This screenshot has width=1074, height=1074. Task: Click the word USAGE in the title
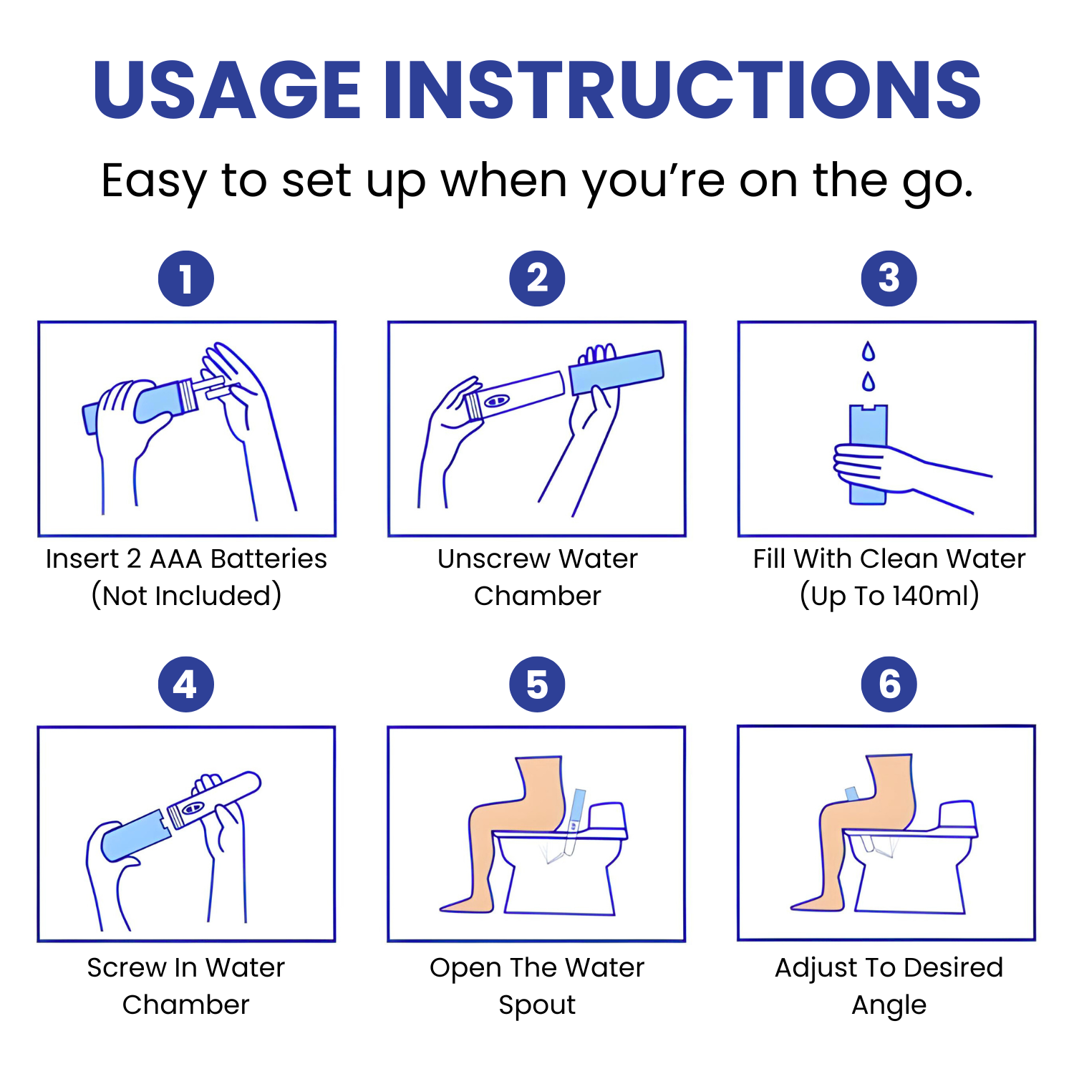pos(227,90)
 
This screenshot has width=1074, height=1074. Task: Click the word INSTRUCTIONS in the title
pos(682,90)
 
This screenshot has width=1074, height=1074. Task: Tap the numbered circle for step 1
pos(186,279)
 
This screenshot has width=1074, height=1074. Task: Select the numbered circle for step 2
pos(537,279)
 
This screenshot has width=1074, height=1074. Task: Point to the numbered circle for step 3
pos(889,279)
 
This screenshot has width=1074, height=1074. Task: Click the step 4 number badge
pos(186,684)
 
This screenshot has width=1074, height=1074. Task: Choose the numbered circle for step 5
pos(537,684)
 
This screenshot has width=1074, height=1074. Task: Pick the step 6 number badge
pos(889,684)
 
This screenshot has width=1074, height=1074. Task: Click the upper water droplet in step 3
pos(869,352)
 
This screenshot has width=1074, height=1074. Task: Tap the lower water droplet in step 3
pos(869,382)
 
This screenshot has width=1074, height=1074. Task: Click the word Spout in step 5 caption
pos(537,1005)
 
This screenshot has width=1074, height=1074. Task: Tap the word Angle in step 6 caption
pos(889,1005)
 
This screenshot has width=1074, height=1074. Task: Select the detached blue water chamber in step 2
pos(616,371)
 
